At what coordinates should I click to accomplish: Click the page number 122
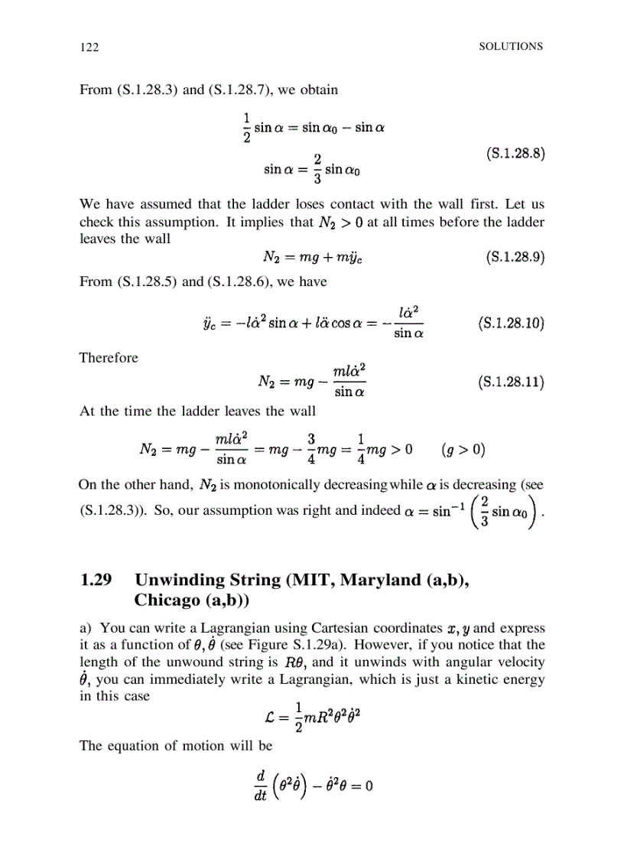[x=89, y=47]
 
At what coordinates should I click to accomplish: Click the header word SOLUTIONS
[x=511, y=46]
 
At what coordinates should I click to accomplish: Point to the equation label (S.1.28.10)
[x=510, y=323]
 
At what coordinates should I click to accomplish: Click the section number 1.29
[x=96, y=581]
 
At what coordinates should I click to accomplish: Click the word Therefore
[x=109, y=358]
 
